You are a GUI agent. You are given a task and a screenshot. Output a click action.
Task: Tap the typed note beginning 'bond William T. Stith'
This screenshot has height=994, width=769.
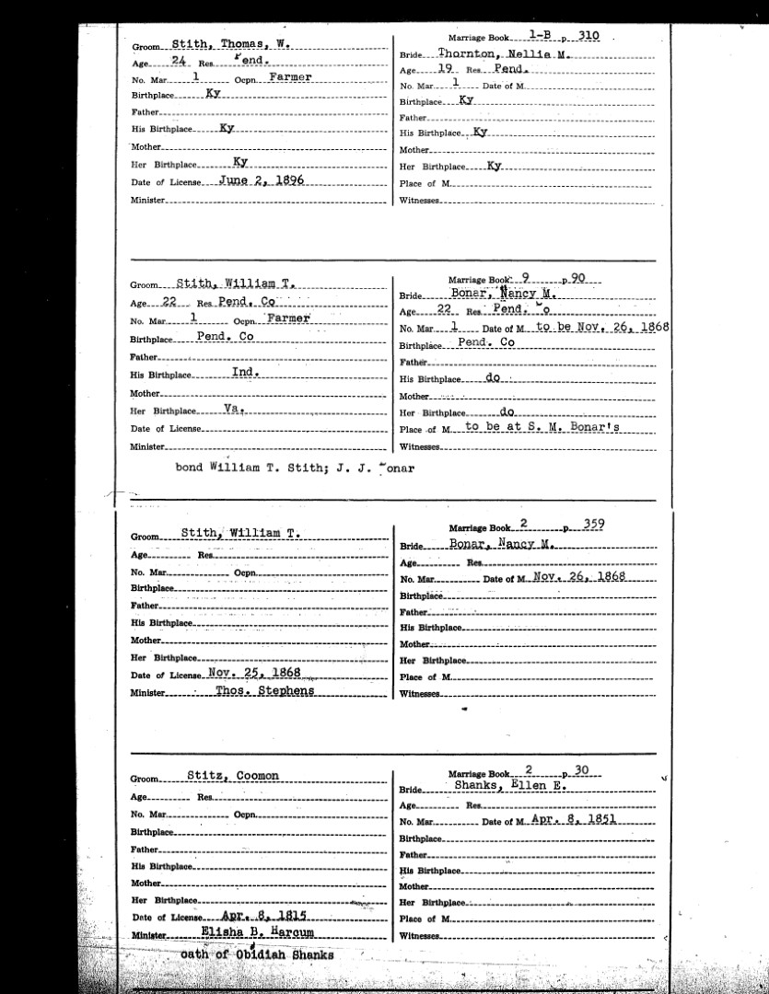click(296, 467)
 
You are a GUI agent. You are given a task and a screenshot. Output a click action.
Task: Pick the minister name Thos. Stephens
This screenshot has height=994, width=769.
click(264, 690)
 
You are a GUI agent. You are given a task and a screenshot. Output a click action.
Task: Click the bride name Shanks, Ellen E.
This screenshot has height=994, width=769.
click(510, 787)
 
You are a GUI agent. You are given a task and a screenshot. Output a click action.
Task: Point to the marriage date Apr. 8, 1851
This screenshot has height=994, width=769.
click(573, 819)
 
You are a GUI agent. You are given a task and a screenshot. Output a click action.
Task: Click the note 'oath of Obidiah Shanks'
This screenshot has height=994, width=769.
click(257, 954)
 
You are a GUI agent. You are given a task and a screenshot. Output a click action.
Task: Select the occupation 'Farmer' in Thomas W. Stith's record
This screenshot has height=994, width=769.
click(290, 77)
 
